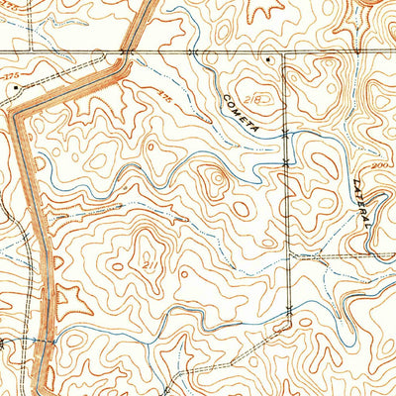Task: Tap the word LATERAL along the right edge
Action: coord(360,198)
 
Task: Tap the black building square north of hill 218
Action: coord(269,61)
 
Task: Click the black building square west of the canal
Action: coord(17,87)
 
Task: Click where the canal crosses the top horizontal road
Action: coord(126,51)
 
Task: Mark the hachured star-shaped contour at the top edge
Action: coord(265,12)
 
